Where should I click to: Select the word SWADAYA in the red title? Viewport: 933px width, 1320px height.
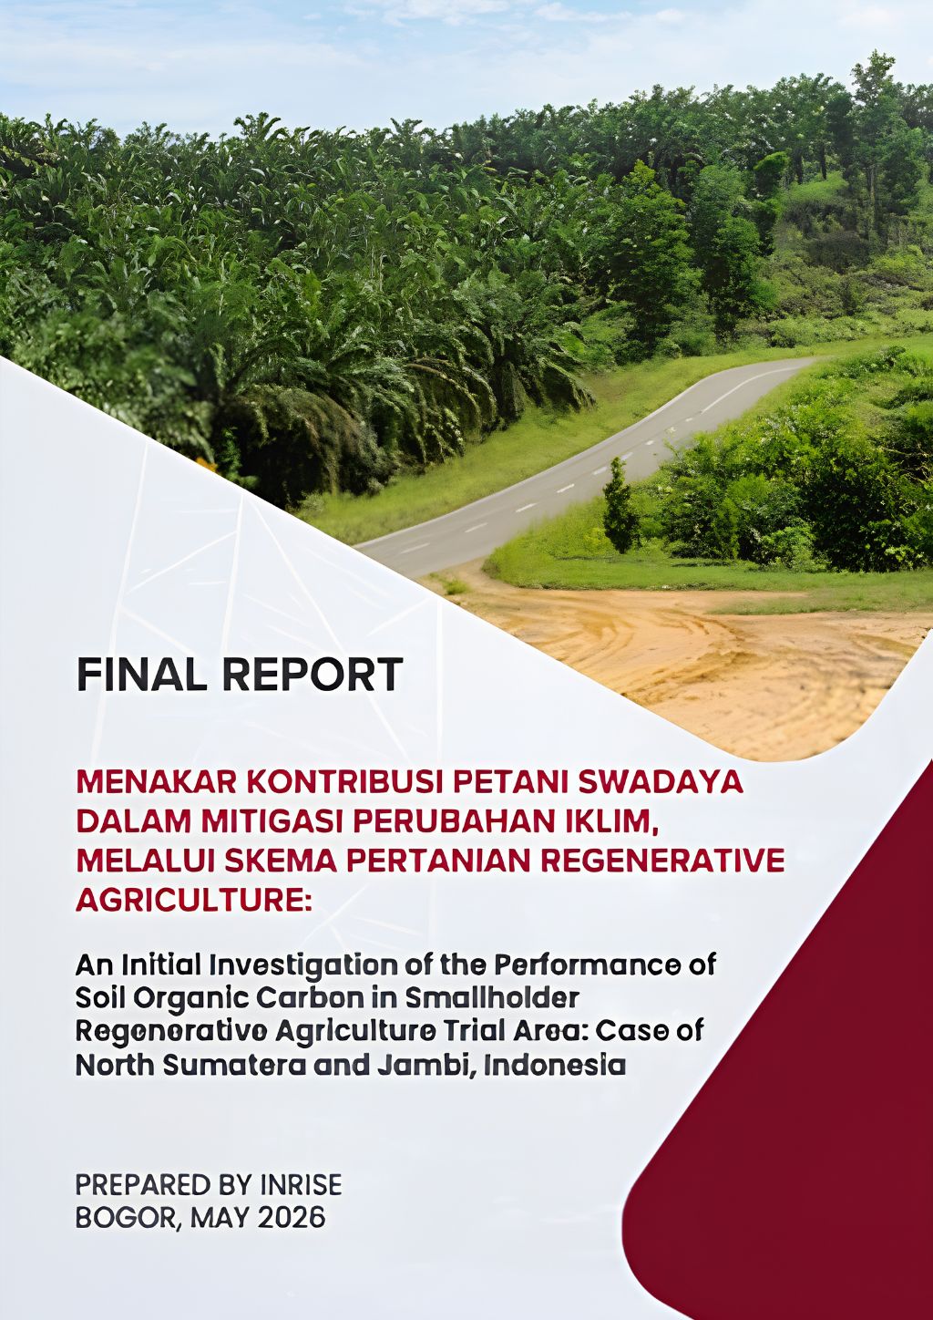[x=661, y=782]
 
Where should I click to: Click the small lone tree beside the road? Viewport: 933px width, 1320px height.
[x=620, y=507]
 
